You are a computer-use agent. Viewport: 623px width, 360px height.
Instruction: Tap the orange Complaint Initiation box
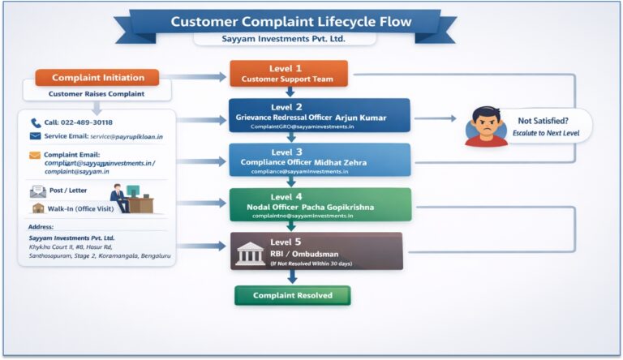[98, 78]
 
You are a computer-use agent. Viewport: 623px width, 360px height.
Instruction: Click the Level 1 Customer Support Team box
[288, 74]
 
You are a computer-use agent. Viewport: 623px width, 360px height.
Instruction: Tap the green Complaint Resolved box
[292, 295]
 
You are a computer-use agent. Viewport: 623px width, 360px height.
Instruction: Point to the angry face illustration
[486, 125]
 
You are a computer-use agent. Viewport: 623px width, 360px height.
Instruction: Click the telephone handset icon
[36, 123]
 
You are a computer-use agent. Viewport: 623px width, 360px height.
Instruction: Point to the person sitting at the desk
[118, 197]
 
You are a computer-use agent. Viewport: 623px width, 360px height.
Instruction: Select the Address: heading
[40, 227]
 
